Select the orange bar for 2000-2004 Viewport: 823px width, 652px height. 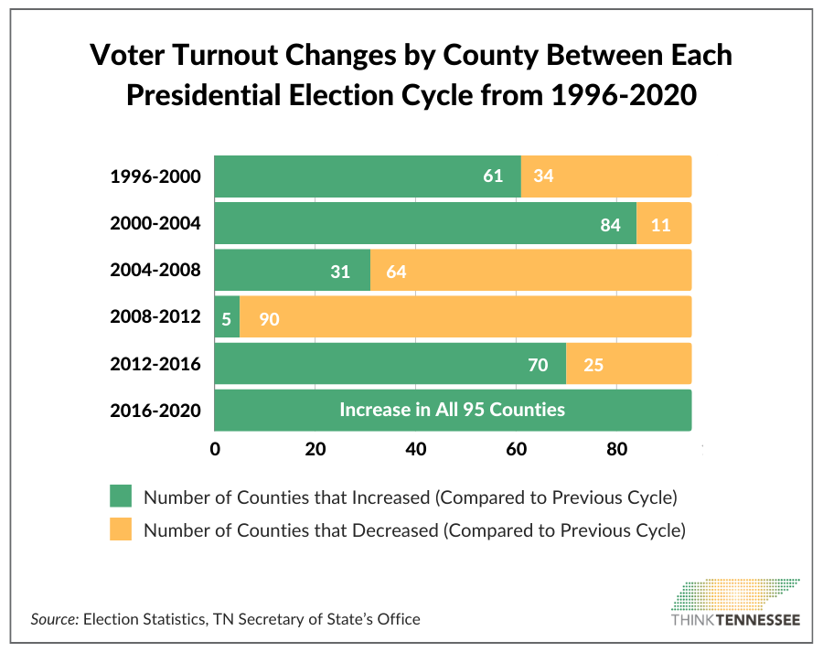click(664, 223)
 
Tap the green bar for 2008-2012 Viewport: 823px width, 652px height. click(227, 317)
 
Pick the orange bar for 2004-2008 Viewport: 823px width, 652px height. click(530, 271)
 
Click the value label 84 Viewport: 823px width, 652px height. click(611, 224)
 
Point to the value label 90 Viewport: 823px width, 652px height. click(269, 318)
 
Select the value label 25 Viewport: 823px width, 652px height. click(593, 365)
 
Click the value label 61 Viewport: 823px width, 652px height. click(493, 176)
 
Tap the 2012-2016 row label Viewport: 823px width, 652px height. click(155, 365)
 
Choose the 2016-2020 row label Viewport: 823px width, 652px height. click(155, 412)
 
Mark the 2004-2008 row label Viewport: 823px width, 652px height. click(155, 271)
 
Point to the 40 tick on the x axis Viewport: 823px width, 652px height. click(416, 449)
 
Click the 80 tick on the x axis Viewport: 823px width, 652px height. click(616, 449)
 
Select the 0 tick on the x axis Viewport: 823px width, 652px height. click(215, 449)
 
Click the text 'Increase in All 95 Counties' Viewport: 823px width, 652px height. click(452, 410)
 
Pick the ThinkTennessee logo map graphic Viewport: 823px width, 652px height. click(737, 593)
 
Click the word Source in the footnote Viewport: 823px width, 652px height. click(55, 619)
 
